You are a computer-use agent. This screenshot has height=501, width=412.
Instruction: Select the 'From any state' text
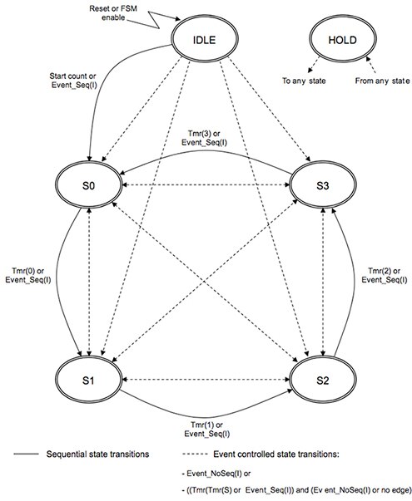click(373, 81)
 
